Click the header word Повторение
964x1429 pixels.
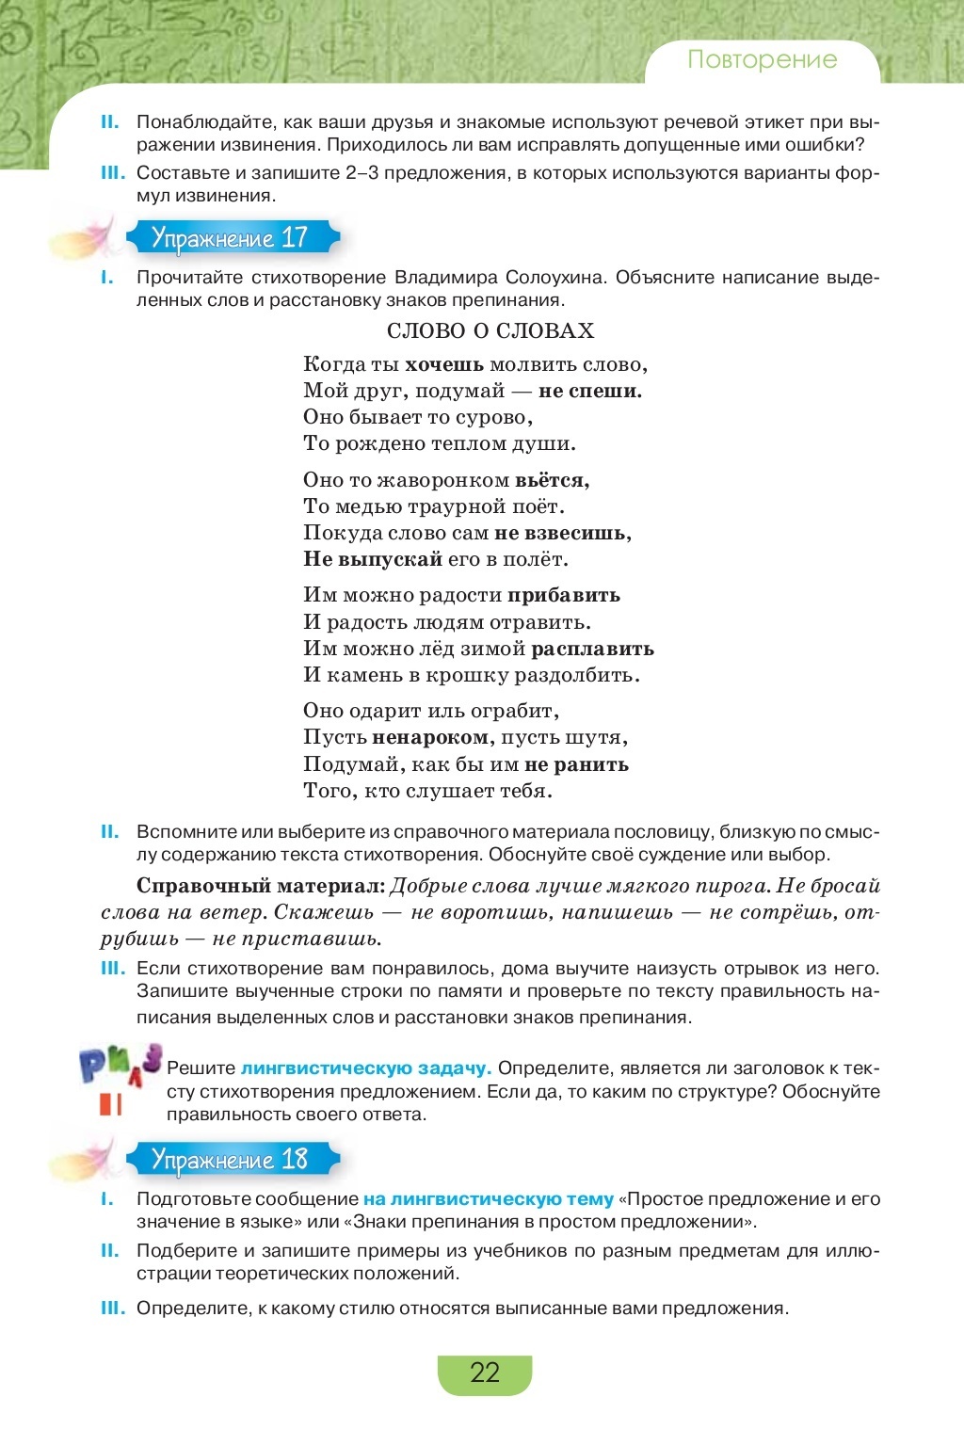click(x=762, y=59)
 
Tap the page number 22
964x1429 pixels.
click(x=484, y=1373)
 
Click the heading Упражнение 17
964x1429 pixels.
click(x=230, y=237)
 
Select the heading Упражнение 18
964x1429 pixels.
click(x=230, y=1159)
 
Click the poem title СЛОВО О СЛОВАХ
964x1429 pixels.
click(x=490, y=330)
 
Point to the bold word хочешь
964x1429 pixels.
click(x=444, y=364)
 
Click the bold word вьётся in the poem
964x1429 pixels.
click(x=552, y=480)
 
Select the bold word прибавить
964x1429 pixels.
click(x=564, y=595)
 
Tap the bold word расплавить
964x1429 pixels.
click(x=592, y=649)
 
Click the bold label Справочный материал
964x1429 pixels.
click(x=261, y=886)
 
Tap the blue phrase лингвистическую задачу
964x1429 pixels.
click(x=365, y=1068)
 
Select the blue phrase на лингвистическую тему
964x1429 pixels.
click(x=488, y=1199)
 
